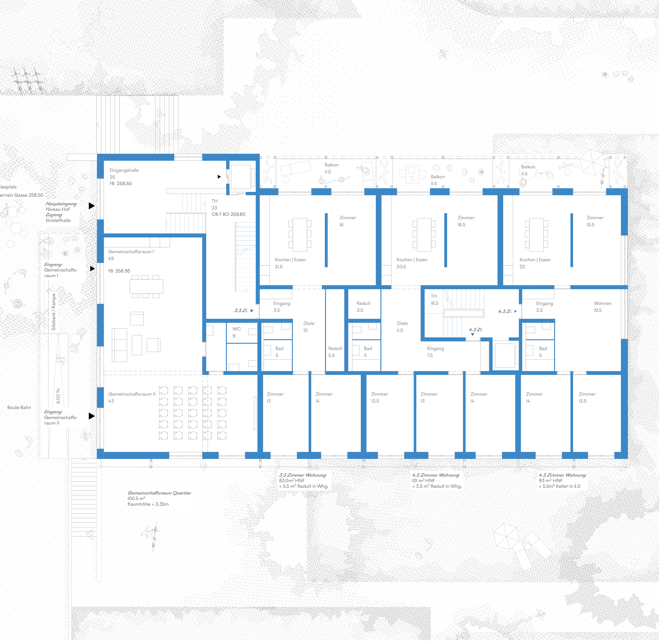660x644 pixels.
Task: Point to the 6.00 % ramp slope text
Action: tap(58, 396)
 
